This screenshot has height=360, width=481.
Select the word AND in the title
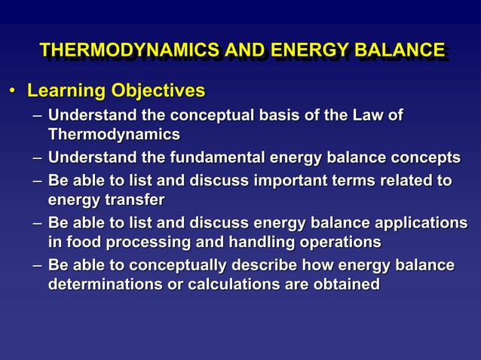point(243,50)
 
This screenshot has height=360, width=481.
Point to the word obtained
point(346,285)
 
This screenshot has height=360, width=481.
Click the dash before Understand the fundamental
point(38,158)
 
